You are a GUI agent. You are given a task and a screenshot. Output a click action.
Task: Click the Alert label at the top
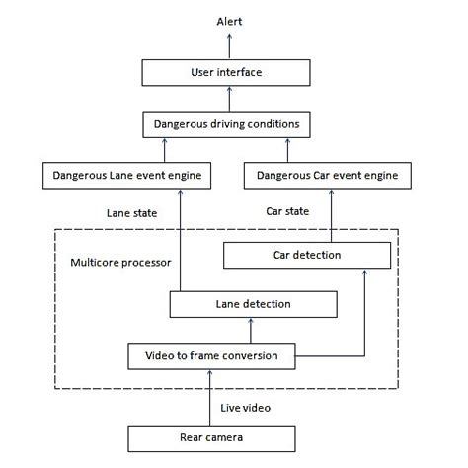[229, 22]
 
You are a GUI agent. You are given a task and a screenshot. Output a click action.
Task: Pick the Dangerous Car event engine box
[327, 176]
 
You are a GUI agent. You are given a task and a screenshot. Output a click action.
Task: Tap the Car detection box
[306, 256]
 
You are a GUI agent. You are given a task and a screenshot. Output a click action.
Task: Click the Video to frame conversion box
[211, 354]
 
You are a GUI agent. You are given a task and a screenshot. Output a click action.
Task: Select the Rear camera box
[211, 437]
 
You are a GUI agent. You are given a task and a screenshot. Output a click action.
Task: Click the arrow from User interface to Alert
[229, 44]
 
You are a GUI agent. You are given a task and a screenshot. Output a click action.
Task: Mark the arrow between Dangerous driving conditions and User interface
[229, 99]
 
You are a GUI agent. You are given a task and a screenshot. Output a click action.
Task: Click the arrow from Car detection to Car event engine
[328, 215]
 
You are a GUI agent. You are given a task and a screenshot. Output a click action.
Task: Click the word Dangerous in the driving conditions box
[184, 124]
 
